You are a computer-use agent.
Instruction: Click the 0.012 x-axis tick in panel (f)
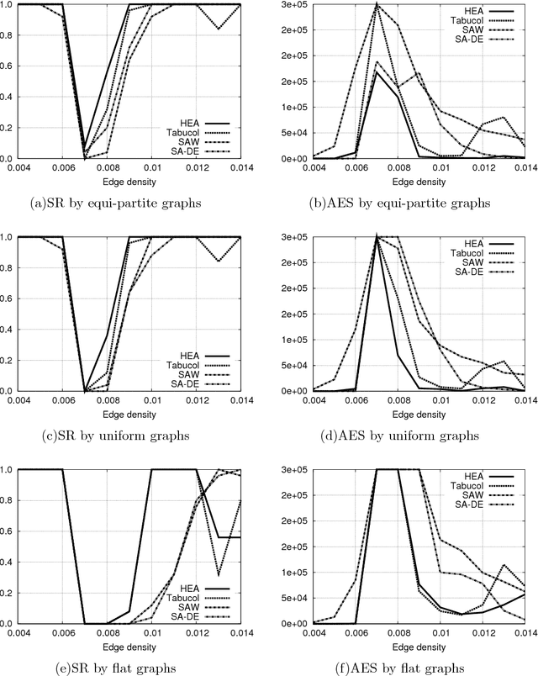point(480,631)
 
